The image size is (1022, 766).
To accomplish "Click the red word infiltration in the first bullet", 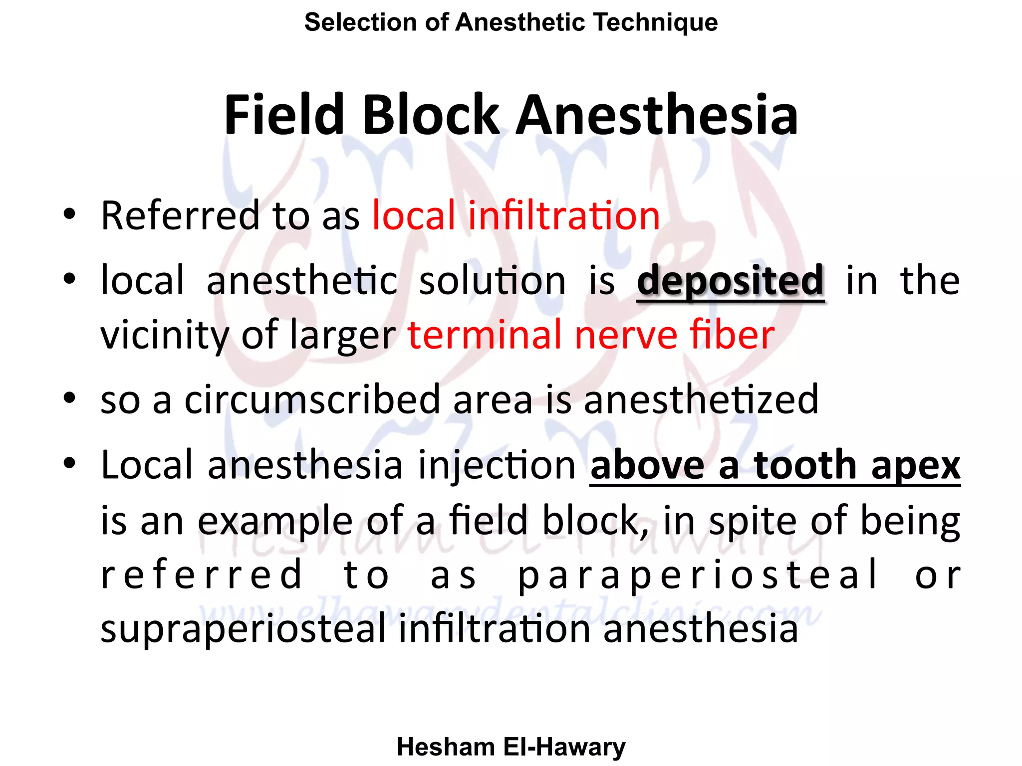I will tap(564, 215).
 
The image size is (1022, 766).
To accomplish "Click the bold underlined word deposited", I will tap(730, 281).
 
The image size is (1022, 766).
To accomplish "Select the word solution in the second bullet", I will tap(492, 281).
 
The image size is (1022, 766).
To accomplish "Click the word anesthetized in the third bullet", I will tap(701, 399).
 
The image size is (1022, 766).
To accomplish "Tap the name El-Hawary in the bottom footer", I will tap(564, 747).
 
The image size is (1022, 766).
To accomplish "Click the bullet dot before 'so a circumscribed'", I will tap(69, 398).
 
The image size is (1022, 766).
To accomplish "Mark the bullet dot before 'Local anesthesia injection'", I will tap(69, 463).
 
